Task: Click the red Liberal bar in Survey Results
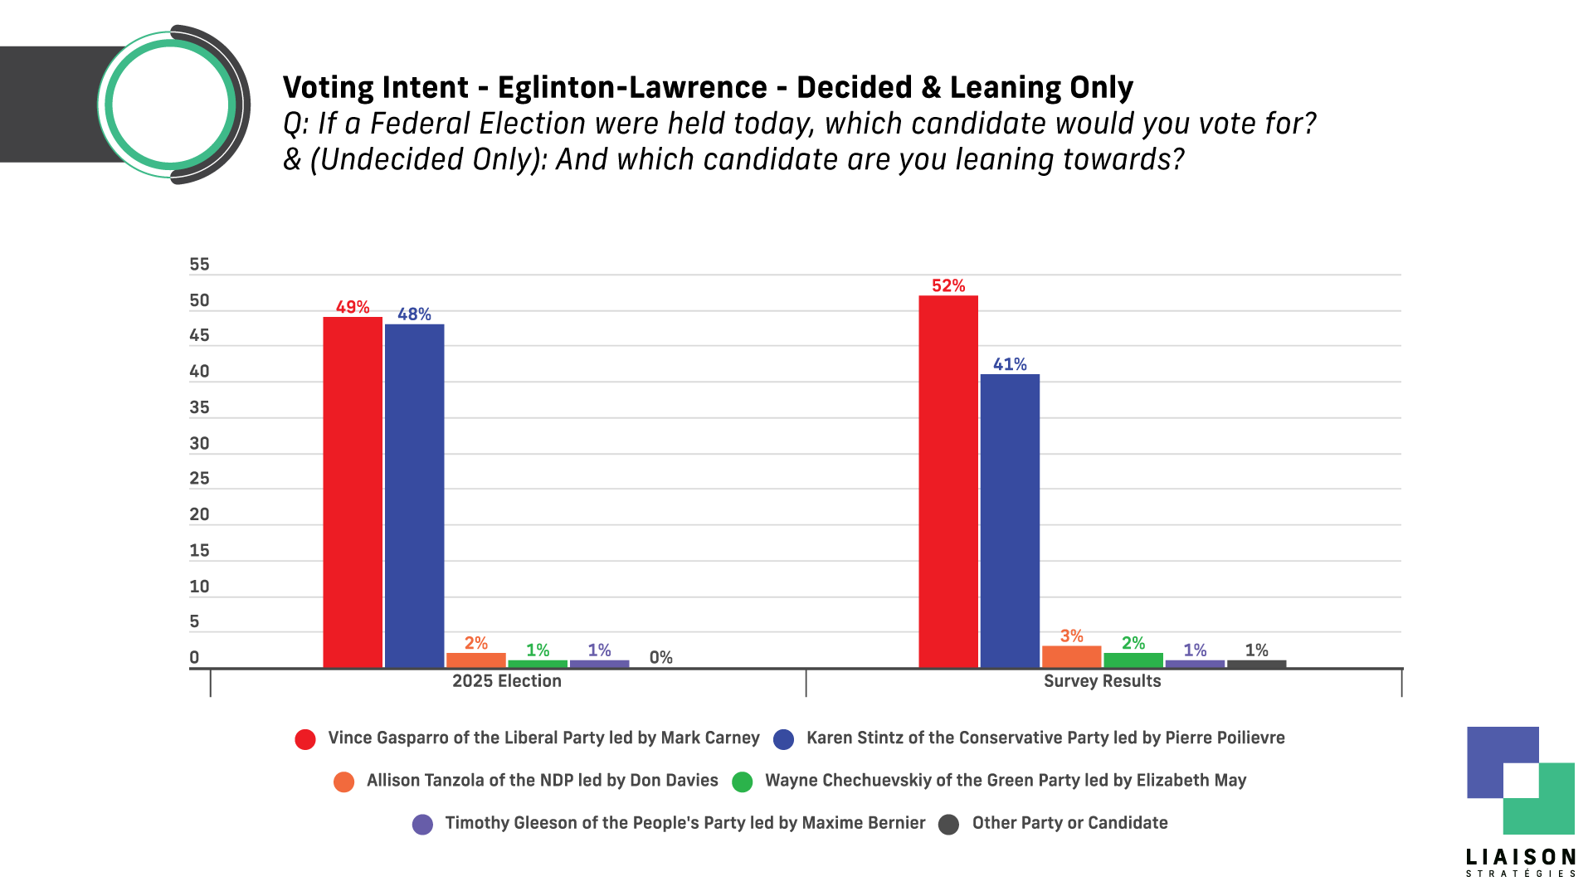[948, 481]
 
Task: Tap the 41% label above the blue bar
[1010, 364]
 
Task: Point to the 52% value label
[948, 286]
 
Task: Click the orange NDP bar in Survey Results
[1071, 656]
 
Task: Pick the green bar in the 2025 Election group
[538, 664]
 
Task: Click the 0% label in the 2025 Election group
[660, 658]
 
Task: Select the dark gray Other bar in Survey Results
[1256, 664]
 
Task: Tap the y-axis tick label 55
[199, 265]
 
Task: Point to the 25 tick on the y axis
[199, 479]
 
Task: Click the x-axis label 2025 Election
[506, 681]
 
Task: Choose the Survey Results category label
[1102, 681]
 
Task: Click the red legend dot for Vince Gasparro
[305, 739]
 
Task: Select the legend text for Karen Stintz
[1045, 738]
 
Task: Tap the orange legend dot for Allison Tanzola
[343, 782]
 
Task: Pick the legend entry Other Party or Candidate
[1069, 823]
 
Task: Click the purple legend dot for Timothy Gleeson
[422, 824]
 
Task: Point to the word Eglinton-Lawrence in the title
[632, 87]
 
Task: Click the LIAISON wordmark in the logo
[1520, 857]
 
